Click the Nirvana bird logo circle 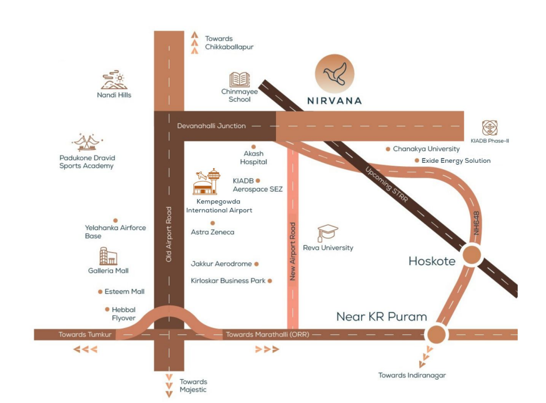click(x=334, y=74)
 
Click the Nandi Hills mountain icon click(x=114, y=80)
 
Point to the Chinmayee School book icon click(x=239, y=80)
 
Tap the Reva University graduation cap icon click(x=328, y=233)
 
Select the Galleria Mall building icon click(x=108, y=256)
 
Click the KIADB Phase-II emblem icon click(x=490, y=128)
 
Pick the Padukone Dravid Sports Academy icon click(x=87, y=143)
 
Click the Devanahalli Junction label click(x=212, y=126)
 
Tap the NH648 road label click(x=476, y=223)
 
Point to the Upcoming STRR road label click(x=386, y=184)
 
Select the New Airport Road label click(x=293, y=251)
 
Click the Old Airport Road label click(x=169, y=234)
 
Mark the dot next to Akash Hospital click(x=253, y=147)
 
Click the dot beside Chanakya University click(x=387, y=149)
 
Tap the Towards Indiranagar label click(x=412, y=375)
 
